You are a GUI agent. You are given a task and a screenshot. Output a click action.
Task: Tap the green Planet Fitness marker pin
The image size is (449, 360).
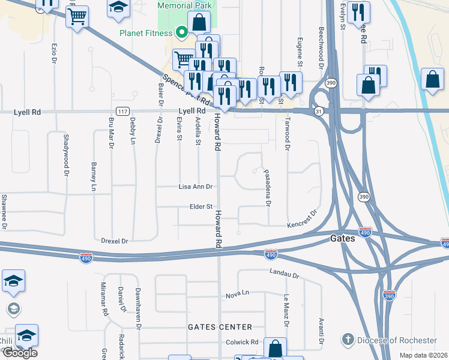182,33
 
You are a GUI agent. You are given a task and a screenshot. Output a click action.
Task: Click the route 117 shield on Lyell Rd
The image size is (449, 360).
122,111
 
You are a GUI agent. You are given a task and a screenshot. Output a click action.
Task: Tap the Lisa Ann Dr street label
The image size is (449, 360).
196,187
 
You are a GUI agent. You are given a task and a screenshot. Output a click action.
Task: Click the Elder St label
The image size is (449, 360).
201,206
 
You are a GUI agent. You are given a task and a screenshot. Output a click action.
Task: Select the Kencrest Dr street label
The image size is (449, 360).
301,219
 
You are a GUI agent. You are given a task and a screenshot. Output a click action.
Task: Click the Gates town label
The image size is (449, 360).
343,238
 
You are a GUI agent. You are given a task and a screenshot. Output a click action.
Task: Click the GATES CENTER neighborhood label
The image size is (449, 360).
220,327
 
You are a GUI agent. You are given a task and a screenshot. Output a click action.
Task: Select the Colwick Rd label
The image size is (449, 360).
241,343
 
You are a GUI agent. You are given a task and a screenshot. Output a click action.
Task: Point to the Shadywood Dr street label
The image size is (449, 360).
65,154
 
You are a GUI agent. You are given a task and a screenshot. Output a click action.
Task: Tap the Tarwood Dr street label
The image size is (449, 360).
288,136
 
